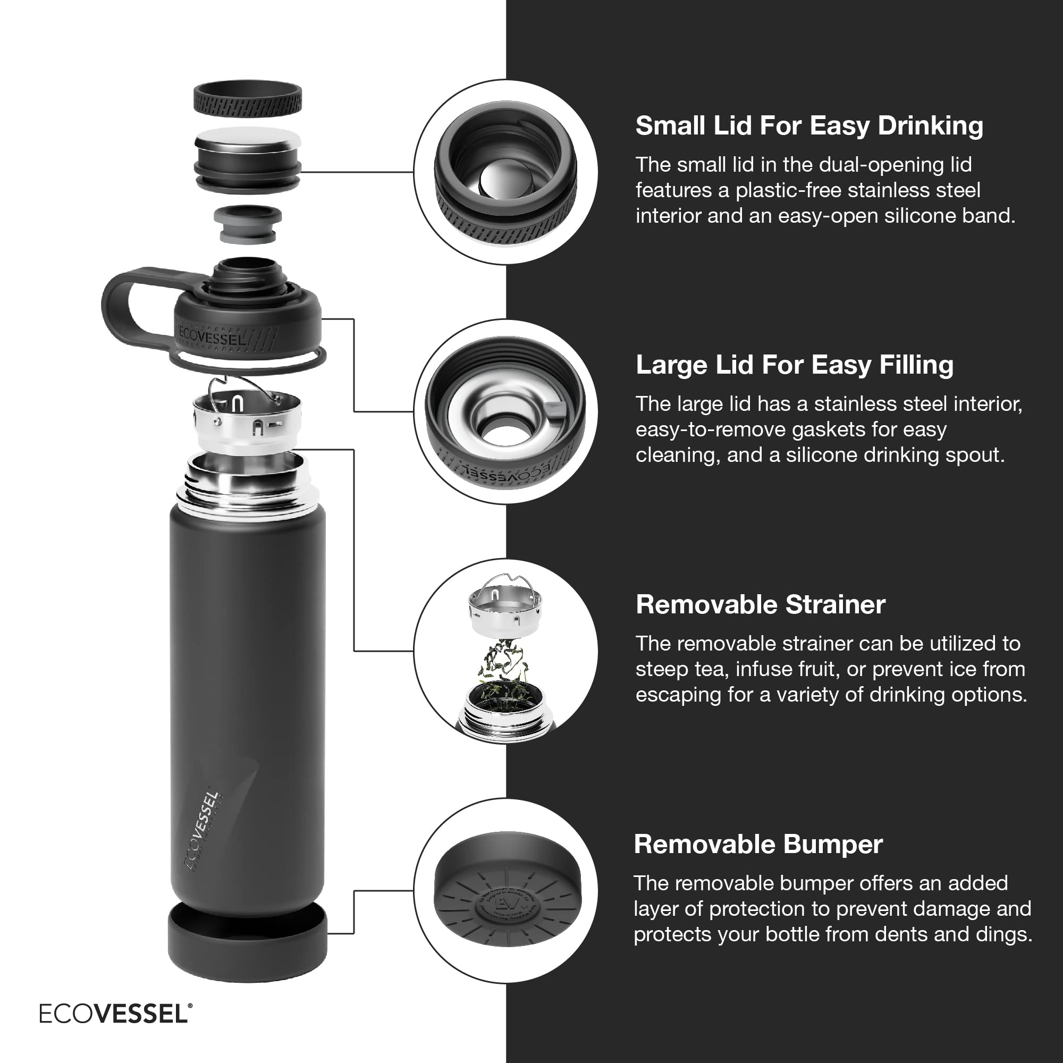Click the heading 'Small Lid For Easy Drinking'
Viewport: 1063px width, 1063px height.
(809, 125)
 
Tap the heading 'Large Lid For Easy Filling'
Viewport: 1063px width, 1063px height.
(794, 365)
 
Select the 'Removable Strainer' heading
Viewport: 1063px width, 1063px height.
(760, 604)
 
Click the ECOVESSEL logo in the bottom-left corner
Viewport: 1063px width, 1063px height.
(115, 1014)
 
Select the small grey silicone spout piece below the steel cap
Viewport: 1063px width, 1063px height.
(248, 224)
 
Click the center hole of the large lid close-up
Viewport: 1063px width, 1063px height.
(501, 435)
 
